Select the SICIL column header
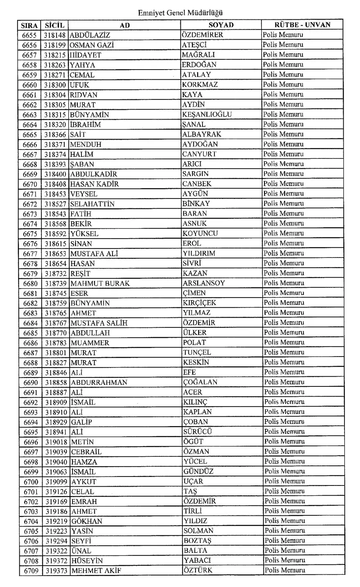(x=55, y=25)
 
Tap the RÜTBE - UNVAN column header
(x=302, y=25)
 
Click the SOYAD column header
(x=221, y=25)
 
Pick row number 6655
(x=30, y=35)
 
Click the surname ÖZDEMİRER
(x=202, y=35)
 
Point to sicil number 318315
(x=56, y=115)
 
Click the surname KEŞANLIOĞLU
(x=207, y=115)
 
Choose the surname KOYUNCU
(x=200, y=233)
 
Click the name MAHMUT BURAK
(x=100, y=283)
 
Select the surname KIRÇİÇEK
(x=200, y=303)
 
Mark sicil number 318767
(x=56, y=323)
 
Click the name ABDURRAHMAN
(x=99, y=382)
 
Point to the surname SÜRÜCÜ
(x=198, y=432)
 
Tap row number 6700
(x=31, y=482)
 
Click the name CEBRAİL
(x=86, y=452)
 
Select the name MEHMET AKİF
(x=96, y=571)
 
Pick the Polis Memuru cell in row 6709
(x=284, y=571)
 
